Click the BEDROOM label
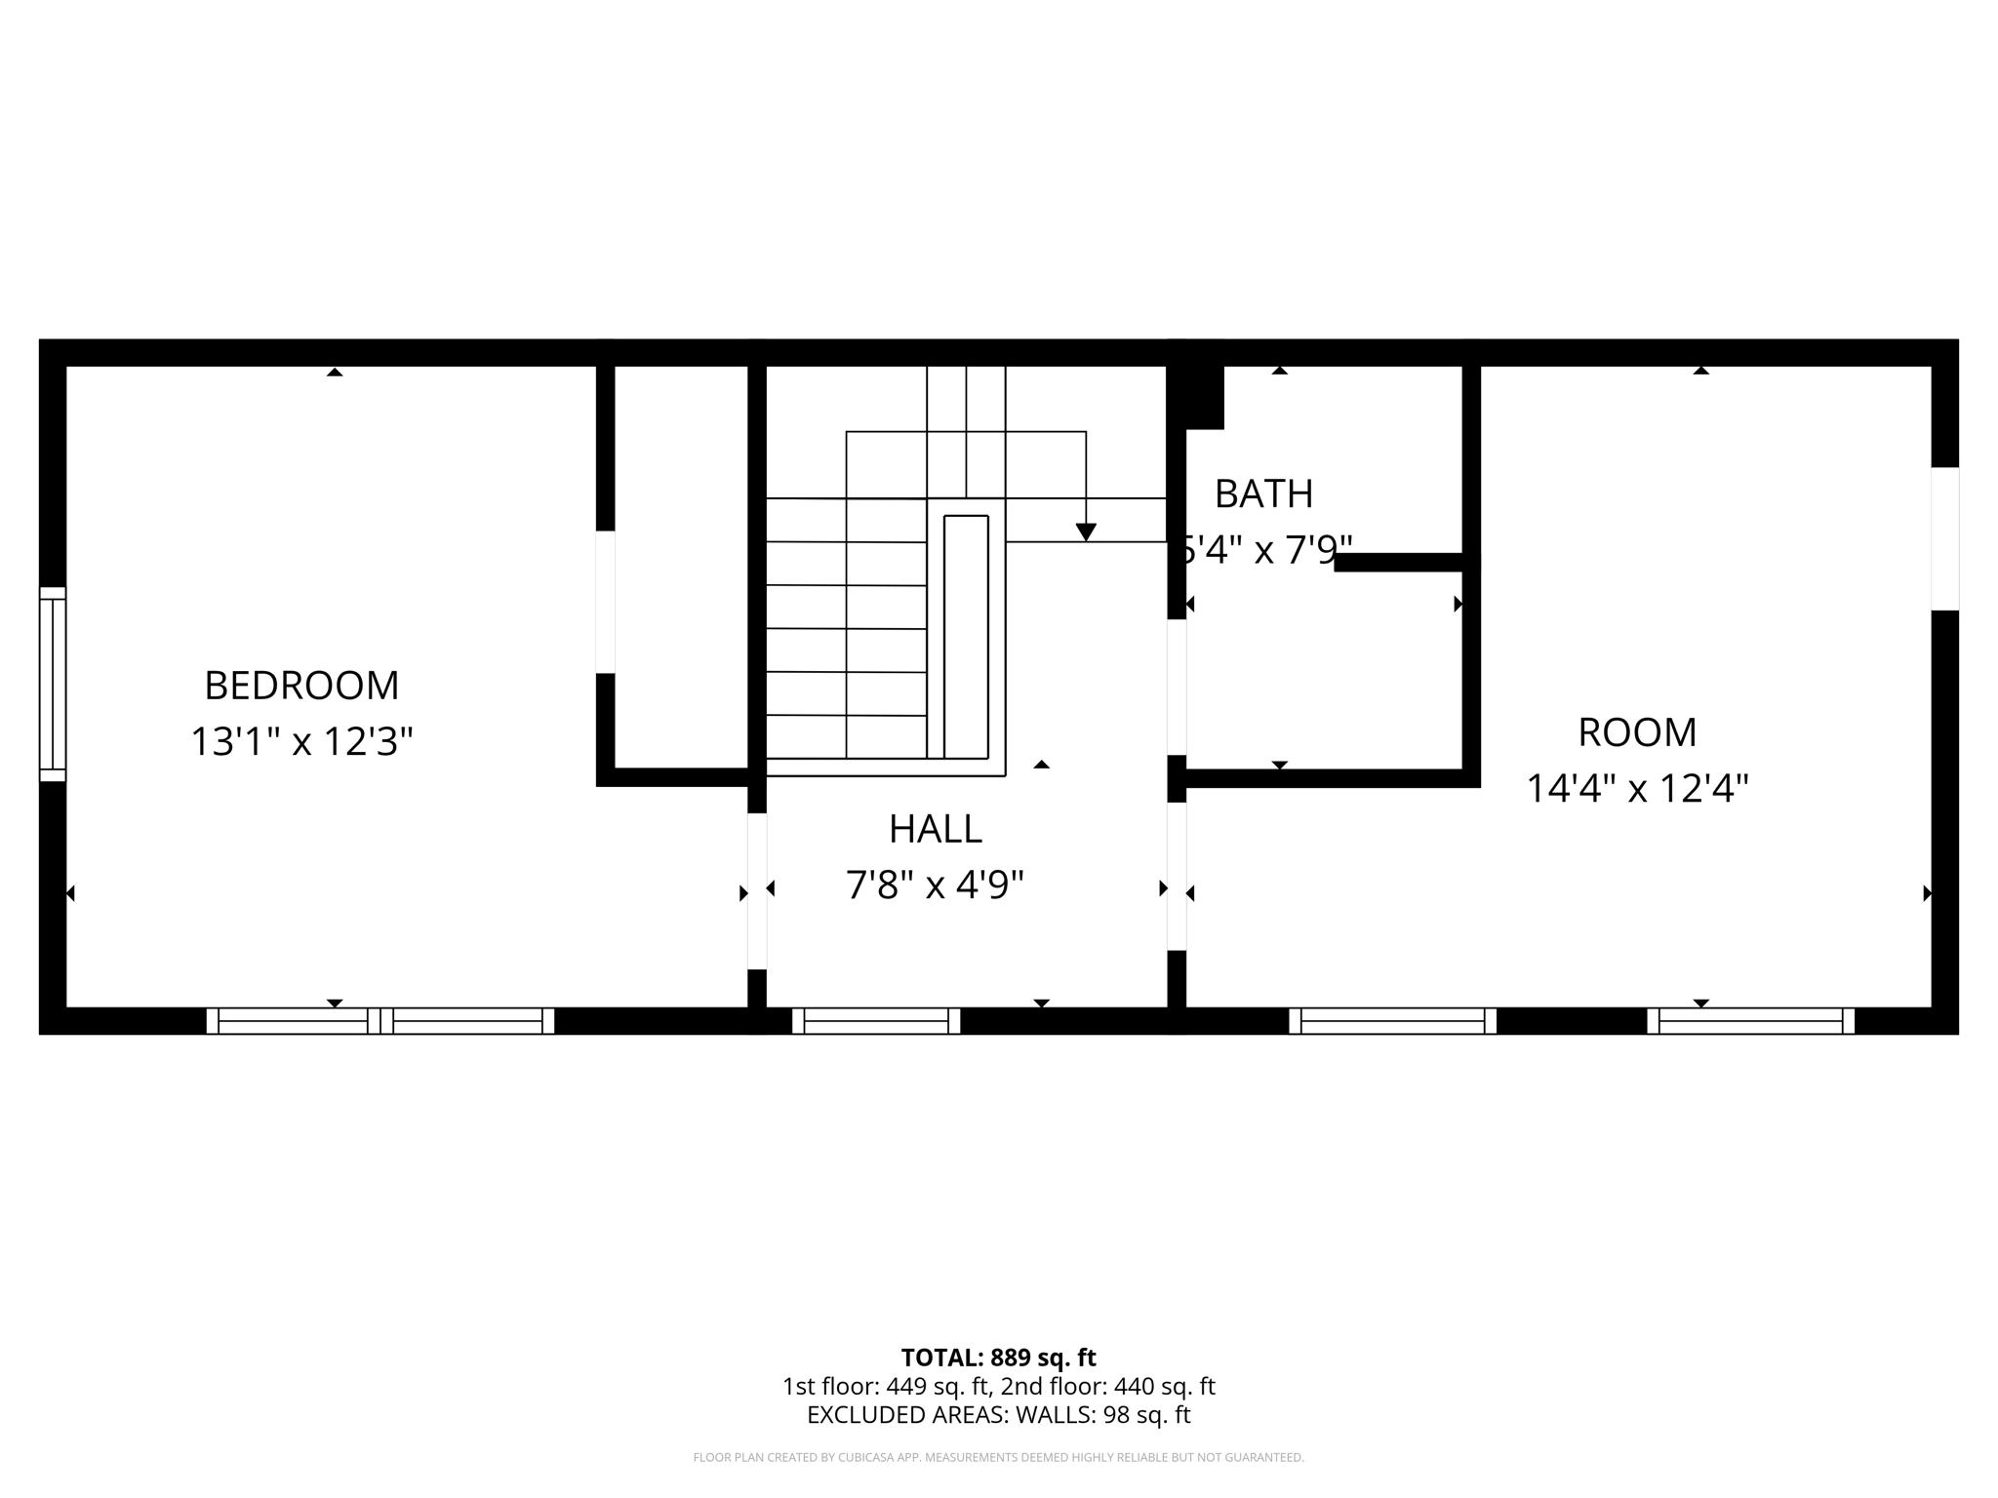pos(301,686)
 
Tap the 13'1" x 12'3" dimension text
pos(301,742)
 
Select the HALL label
pos(935,829)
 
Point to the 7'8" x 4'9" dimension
pos(935,886)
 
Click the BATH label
pos(1263,494)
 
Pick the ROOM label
pos(1637,732)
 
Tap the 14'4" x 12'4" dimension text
pos(1637,788)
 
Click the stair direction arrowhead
pos(1086,532)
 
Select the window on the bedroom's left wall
pos(53,684)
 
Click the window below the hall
pos(876,1021)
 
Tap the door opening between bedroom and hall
pos(757,890)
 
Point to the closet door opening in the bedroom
pos(605,602)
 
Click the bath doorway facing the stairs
pos(1177,687)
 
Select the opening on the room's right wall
pos(1944,538)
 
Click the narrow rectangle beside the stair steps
pos(966,636)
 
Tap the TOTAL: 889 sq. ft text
pos(998,1358)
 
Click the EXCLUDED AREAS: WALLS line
pos(998,1415)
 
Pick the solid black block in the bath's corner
pos(1198,396)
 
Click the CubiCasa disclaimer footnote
pos(998,1458)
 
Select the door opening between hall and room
pos(1177,876)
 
